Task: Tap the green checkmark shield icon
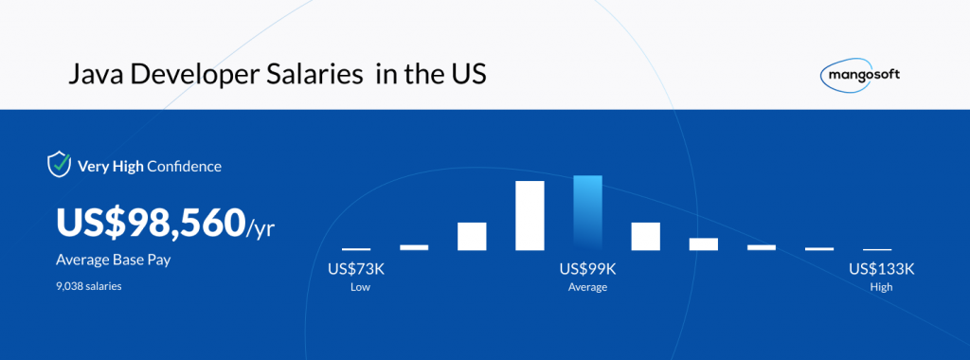59,165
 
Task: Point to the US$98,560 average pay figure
151,224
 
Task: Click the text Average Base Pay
114,260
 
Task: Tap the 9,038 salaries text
88,286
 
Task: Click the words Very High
111,166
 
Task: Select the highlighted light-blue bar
587,213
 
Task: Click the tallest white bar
530,215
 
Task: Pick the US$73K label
360,269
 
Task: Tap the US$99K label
587,269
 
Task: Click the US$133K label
882,269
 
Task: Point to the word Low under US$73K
360,287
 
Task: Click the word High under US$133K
882,287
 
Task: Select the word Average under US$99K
587,288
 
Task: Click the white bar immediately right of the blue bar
645,236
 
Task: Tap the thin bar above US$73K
356,249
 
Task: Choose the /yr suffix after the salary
260,229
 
